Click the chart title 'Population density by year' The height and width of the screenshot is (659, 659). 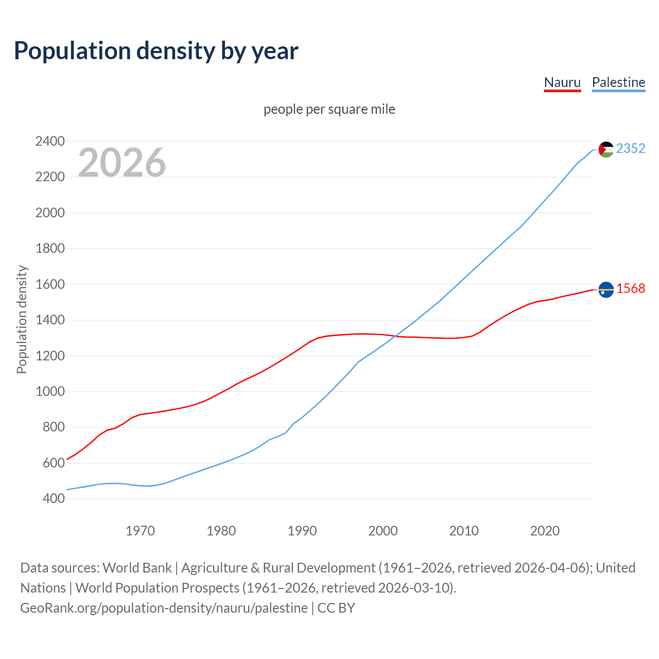pyautogui.click(x=156, y=51)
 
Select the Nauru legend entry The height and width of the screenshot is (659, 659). pyautogui.click(x=562, y=82)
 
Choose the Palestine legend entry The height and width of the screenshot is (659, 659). pyautogui.click(x=618, y=82)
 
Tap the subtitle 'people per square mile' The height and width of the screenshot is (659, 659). pyautogui.click(x=329, y=109)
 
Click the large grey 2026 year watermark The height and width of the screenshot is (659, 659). pyautogui.click(x=122, y=162)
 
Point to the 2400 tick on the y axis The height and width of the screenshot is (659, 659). pyautogui.click(x=50, y=141)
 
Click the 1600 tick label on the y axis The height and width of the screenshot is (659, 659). pyautogui.click(x=50, y=284)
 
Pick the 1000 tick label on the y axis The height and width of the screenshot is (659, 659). pyautogui.click(x=50, y=391)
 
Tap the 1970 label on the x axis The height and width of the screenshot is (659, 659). pyautogui.click(x=140, y=531)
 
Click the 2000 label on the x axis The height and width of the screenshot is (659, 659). pyautogui.click(x=383, y=531)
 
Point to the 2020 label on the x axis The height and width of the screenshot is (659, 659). pyautogui.click(x=545, y=531)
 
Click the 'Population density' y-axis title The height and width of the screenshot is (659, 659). pyautogui.click(x=22, y=319)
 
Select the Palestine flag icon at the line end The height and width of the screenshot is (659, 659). pyautogui.click(x=606, y=149)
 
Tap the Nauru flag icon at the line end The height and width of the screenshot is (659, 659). pyautogui.click(x=606, y=290)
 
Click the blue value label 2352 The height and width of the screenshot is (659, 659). pyautogui.click(x=631, y=148)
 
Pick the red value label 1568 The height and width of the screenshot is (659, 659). pyautogui.click(x=631, y=288)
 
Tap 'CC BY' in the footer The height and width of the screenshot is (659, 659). pyautogui.click(x=336, y=608)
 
